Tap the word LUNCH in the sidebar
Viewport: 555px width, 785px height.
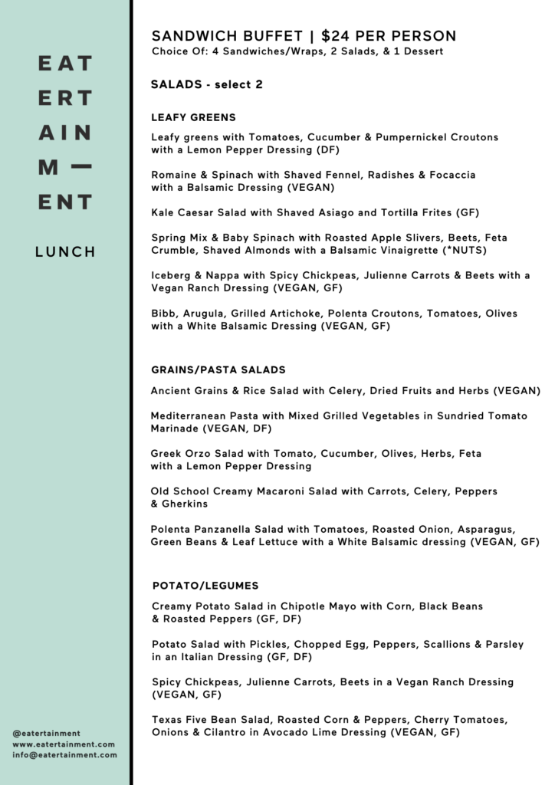pyautogui.click(x=65, y=251)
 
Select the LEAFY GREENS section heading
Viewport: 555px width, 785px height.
pyautogui.click(x=193, y=117)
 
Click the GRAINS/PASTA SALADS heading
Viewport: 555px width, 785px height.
pyautogui.click(x=218, y=370)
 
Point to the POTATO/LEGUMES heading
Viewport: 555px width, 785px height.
pyautogui.click(x=205, y=586)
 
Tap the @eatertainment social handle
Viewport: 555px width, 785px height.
pyautogui.click(x=47, y=733)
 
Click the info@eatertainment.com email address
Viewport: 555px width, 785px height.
pyautogui.click(x=65, y=755)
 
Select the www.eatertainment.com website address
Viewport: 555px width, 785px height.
pyautogui.click(x=64, y=744)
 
